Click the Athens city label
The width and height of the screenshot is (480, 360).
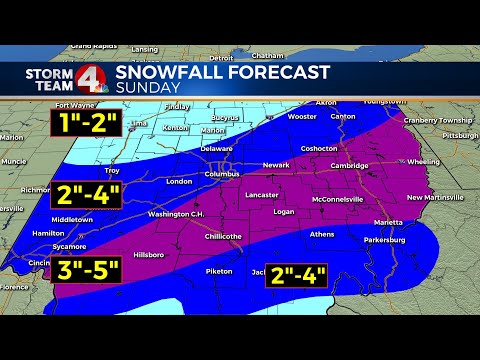(x=322, y=234)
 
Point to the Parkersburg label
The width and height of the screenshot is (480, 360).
(x=383, y=240)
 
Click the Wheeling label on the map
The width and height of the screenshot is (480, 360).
(x=423, y=160)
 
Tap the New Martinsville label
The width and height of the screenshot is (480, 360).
(x=432, y=197)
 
